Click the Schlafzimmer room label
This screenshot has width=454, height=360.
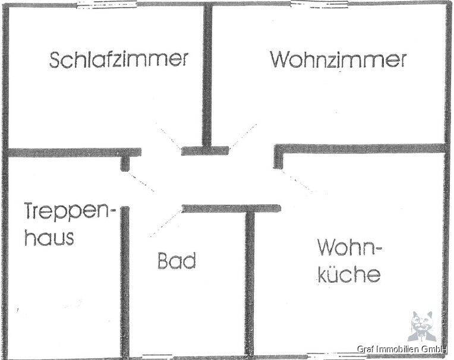click(119, 60)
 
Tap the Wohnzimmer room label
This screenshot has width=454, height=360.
click(338, 59)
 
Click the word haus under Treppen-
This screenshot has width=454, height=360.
click(49, 236)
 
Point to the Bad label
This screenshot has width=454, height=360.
click(176, 260)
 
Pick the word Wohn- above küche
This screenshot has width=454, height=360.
click(349, 248)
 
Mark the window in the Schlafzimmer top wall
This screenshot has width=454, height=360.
click(106, 5)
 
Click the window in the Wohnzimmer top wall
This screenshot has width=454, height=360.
click(319, 4)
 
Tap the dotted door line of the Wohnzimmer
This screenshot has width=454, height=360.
click(242, 136)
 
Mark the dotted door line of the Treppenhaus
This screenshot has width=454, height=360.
click(142, 181)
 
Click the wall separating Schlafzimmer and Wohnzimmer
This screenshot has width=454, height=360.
click(207, 76)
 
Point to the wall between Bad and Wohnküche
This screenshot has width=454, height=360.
click(250, 283)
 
